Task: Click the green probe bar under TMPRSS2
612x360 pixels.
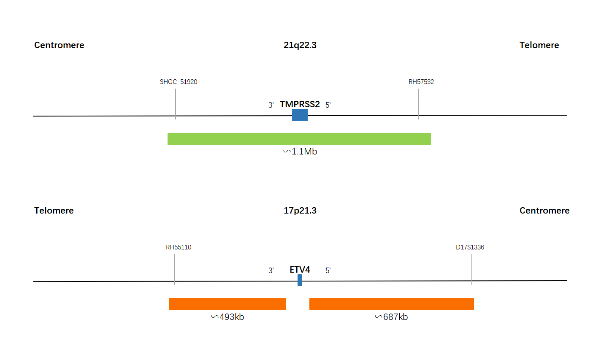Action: [x=299, y=139]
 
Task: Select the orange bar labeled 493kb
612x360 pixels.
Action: [x=227, y=304]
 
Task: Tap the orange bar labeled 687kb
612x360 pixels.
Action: [x=392, y=304]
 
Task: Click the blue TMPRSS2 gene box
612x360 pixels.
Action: [x=300, y=115]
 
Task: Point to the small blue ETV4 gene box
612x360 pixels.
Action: [x=300, y=280]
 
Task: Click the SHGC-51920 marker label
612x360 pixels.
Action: [x=179, y=82]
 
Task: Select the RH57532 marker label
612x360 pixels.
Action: [x=421, y=82]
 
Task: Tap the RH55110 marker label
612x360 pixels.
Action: [x=179, y=247]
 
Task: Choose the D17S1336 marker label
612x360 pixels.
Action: [x=470, y=247]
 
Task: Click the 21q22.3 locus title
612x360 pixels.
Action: [x=300, y=45]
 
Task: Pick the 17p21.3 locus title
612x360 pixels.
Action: [x=300, y=211]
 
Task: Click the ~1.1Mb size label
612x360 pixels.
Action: [x=300, y=152]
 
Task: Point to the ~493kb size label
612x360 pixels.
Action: [x=227, y=317]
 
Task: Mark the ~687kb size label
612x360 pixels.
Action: [x=391, y=317]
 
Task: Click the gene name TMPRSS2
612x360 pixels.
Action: [x=300, y=104]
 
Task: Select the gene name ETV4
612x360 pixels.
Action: [x=300, y=270]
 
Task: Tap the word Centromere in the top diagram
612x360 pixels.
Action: [x=59, y=45]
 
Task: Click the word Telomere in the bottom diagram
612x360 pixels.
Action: [x=54, y=211]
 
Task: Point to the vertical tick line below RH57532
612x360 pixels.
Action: [x=418, y=104]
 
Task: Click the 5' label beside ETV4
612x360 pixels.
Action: [x=328, y=271]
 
